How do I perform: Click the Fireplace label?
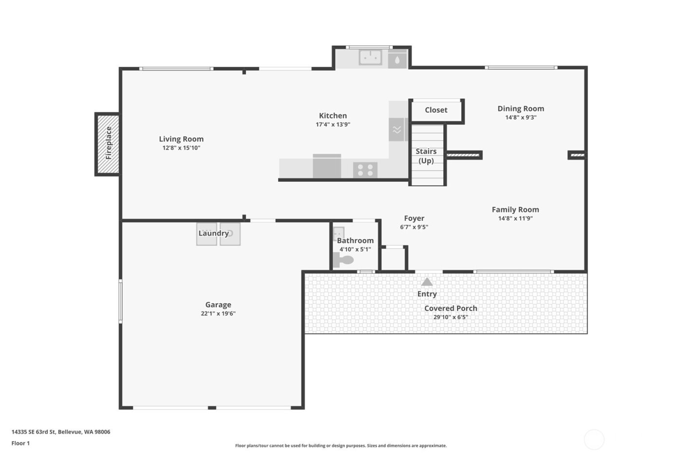tap(109, 143)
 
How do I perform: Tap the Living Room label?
tap(181, 139)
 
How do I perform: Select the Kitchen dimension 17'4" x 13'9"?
tap(333, 124)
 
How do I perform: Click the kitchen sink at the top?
tap(370, 57)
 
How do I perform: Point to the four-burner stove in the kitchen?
tap(365, 170)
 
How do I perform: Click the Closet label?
tap(436, 110)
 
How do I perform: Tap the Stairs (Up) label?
tap(426, 156)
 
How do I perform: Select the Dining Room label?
tap(520, 109)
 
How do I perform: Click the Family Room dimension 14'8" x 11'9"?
tap(515, 218)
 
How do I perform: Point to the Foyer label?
tap(414, 218)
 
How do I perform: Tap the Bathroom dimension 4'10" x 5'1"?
tap(355, 249)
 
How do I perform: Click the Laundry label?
tap(213, 234)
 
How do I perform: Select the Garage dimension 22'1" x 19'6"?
tap(218, 314)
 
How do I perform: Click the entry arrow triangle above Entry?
tap(427, 282)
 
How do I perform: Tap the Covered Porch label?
tap(451, 308)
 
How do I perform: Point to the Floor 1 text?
tap(20, 443)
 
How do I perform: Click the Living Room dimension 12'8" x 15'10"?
tap(181, 148)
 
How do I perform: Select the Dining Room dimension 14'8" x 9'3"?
tap(520, 118)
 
